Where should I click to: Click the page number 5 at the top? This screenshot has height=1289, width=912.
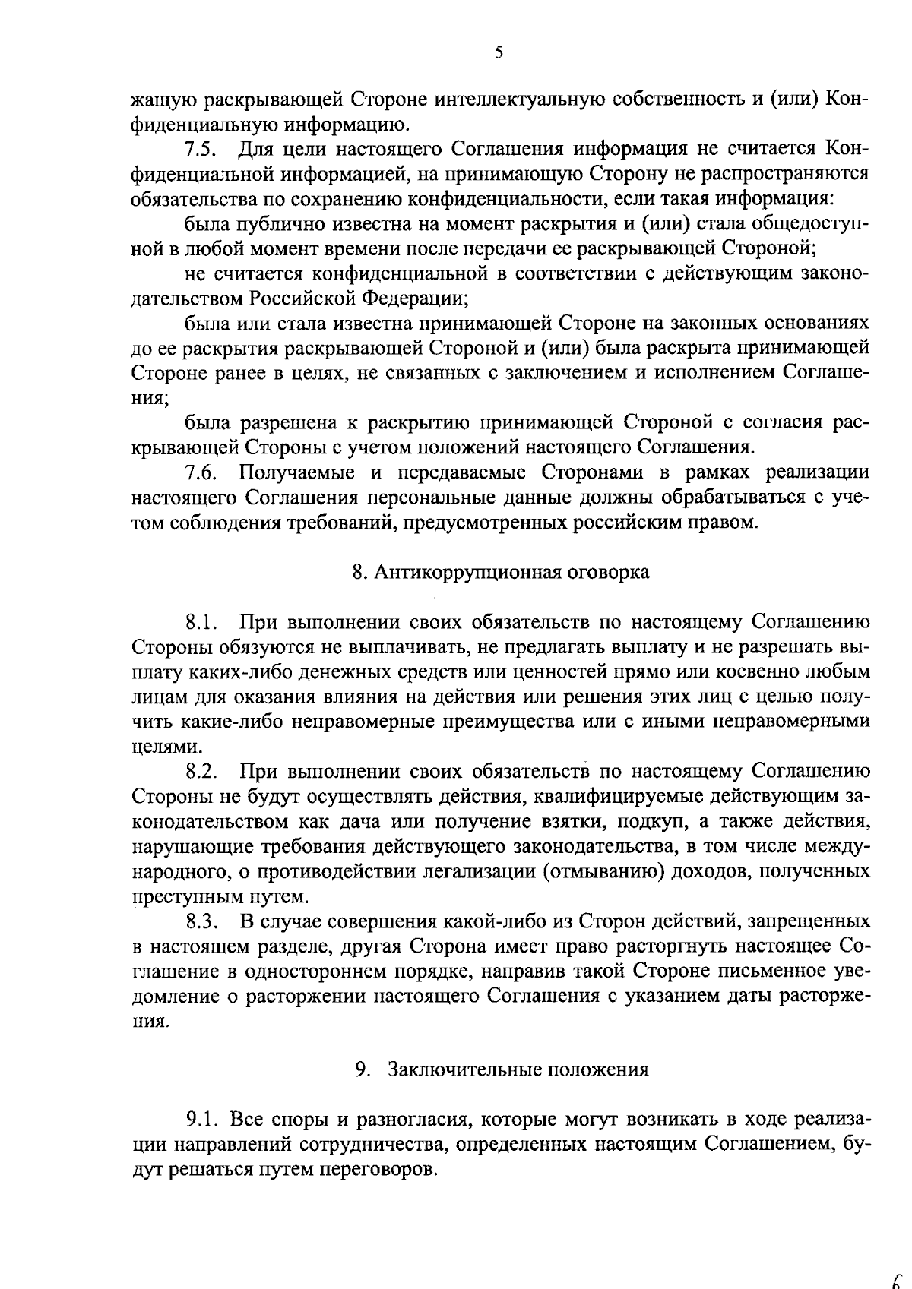pos(499,52)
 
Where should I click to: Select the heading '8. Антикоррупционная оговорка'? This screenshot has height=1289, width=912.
pos(501,573)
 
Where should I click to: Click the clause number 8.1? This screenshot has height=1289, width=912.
pos(202,623)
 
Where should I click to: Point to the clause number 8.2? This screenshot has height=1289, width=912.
pos(202,772)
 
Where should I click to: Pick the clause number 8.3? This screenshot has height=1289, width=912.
pos(202,921)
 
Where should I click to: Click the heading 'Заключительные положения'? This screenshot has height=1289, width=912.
pos(518,1070)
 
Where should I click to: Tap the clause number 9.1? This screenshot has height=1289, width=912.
pos(202,1120)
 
